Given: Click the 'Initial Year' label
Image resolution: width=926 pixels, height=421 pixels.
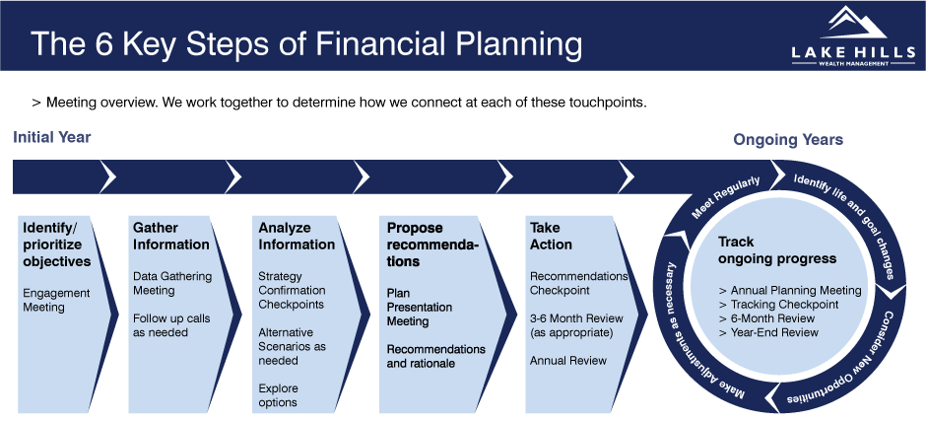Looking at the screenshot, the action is (x=52, y=138).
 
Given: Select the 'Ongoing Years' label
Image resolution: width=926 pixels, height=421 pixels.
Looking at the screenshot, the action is (x=788, y=140).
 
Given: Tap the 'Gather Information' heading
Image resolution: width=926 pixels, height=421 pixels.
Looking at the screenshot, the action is (x=170, y=236).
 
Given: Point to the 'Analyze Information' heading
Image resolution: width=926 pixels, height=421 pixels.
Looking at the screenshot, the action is (x=297, y=236).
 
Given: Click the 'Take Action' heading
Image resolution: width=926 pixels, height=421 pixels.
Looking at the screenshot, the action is (x=551, y=236).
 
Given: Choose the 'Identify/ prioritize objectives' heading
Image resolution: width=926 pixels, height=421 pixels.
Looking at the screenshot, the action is (x=57, y=245).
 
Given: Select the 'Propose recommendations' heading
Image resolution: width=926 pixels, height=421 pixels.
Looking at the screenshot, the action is (x=432, y=245).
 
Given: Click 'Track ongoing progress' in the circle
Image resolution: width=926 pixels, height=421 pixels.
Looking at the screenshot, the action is (x=777, y=250).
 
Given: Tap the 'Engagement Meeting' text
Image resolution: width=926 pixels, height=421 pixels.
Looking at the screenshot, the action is (x=56, y=300).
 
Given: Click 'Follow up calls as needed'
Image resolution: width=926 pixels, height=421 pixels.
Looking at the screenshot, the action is (x=171, y=325).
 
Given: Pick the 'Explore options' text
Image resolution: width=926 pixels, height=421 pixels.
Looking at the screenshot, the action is (x=278, y=395).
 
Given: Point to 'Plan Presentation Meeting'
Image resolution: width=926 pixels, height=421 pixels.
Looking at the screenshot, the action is (x=420, y=308).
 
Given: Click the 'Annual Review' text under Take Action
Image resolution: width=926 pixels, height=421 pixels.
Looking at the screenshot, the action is (x=568, y=360).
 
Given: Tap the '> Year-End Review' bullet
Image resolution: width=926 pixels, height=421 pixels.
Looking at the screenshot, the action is (x=769, y=332).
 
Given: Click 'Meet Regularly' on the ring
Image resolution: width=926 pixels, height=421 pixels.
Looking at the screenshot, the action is (x=726, y=197).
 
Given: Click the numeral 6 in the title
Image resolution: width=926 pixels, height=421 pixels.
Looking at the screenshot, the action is (x=106, y=44).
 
